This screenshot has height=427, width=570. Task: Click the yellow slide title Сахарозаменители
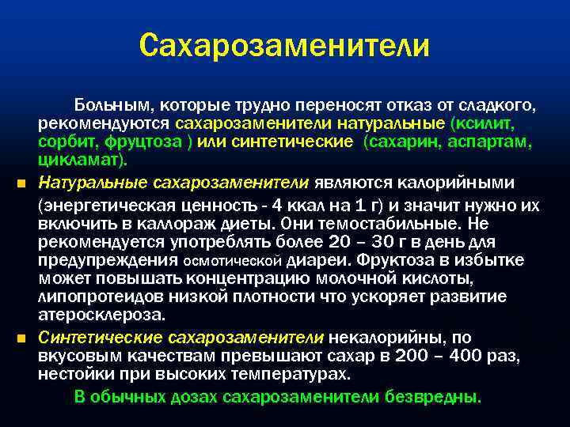pyautogui.click(x=284, y=45)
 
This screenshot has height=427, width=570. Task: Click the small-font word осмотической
pyautogui.click(x=233, y=261)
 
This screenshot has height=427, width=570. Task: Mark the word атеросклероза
pyautogui.click(x=102, y=315)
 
